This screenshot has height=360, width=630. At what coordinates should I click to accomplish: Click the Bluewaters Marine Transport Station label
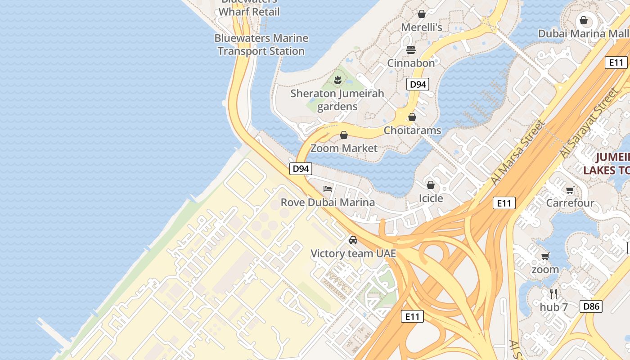tap(261, 45)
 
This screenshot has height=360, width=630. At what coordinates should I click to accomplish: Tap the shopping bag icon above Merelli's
tap(422, 14)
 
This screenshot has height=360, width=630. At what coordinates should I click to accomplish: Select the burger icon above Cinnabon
tap(411, 49)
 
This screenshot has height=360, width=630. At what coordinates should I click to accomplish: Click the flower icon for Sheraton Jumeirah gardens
tap(337, 81)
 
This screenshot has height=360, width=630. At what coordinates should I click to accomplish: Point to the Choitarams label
tap(412, 130)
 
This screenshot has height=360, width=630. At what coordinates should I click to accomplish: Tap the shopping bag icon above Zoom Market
tap(344, 135)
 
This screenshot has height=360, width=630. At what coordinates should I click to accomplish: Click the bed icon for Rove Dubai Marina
tap(328, 189)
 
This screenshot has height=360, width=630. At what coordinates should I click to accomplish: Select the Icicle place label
tap(431, 198)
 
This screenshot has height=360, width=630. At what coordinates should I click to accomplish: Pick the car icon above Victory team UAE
tap(353, 240)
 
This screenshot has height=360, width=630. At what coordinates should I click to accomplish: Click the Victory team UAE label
tap(353, 254)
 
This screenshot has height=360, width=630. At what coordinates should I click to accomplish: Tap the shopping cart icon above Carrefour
tap(570, 190)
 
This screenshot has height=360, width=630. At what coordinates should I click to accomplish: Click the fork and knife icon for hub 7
tap(554, 294)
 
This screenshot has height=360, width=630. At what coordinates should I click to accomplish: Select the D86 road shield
tap(591, 306)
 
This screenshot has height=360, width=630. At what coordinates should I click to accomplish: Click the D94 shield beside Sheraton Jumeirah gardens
tap(418, 84)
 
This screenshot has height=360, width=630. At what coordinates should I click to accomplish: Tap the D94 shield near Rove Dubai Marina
tap(300, 169)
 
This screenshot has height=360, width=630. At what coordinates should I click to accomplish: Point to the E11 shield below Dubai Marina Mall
tap(616, 63)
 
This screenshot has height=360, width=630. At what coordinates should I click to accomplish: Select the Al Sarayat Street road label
tap(589, 122)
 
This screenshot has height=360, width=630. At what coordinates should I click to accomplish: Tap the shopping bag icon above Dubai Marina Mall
tap(584, 20)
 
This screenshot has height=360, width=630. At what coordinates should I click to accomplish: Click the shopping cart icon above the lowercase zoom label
tap(545, 256)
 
